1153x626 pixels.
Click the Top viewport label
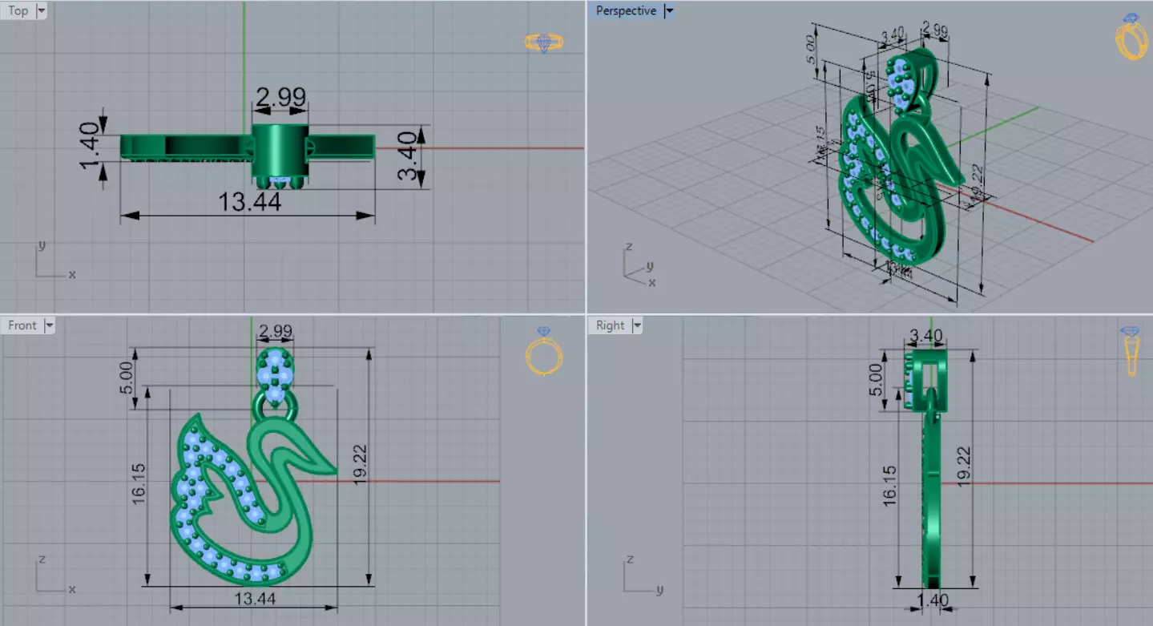[x=18, y=10]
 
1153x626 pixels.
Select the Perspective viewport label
[x=626, y=10]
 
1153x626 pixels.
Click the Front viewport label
[x=22, y=325]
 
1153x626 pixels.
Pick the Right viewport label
[x=610, y=325]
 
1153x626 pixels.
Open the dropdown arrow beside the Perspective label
[x=670, y=10]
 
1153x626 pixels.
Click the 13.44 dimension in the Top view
[x=249, y=202]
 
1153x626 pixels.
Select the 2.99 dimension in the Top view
[x=280, y=96]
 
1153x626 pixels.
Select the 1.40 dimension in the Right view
[x=932, y=600]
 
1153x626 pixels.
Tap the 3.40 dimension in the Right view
[x=926, y=335]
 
